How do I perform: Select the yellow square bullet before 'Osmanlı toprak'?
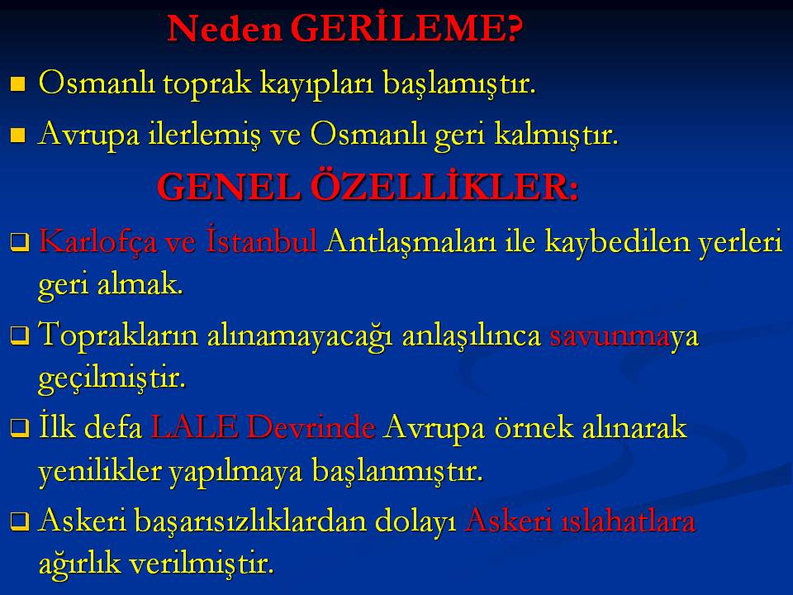(x=18, y=84)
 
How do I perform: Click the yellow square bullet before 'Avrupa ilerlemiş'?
(x=18, y=136)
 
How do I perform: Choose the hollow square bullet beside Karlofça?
(x=19, y=243)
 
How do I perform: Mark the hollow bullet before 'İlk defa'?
(x=19, y=429)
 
